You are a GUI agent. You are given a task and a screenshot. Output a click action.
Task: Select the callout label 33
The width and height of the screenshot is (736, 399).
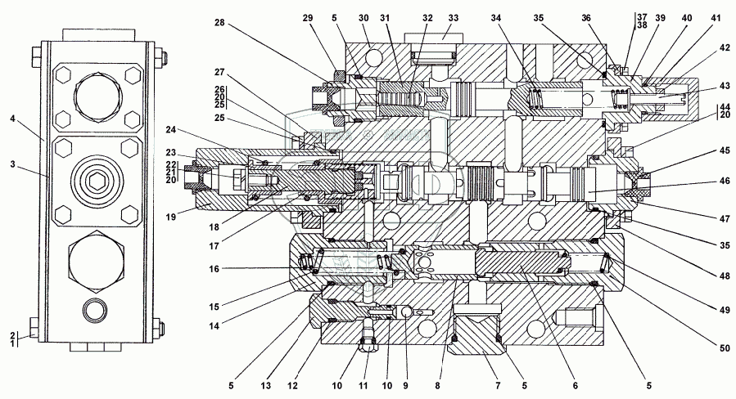454,17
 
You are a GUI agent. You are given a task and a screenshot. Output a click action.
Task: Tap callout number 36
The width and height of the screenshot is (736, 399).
608,18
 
